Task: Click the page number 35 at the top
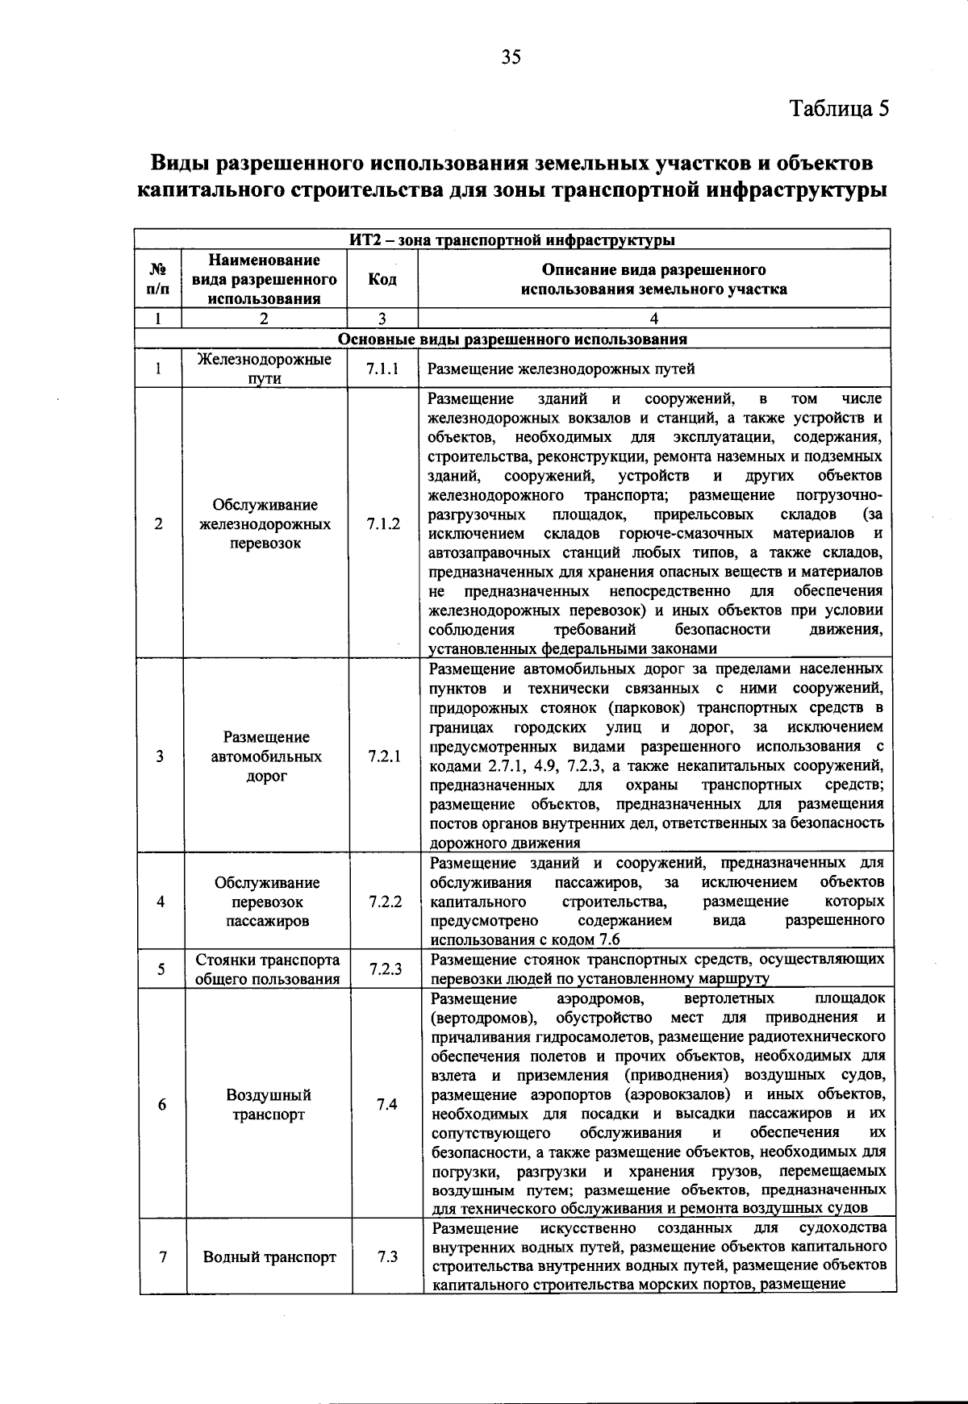tap(511, 56)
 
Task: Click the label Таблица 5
tap(838, 108)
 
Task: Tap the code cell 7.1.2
tap(382, 523)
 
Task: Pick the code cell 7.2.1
tap(384, 756)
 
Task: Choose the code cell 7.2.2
tap(385, 901)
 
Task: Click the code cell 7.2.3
tap(386, 969)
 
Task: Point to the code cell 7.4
tap(386, 1104)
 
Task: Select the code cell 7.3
tap(387, 1256)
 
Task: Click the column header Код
tap(382, 279)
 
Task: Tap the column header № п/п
tap(158, 279)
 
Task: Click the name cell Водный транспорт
tap(269, 1256)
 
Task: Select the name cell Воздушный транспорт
tap(268, 1105)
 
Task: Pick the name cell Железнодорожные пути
tap(264, 369)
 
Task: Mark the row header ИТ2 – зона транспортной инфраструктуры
tap(512, 240)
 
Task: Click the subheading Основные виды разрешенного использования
tap(512, 340)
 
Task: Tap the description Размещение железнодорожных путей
tap(561, 369)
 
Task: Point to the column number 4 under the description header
tap(653, 319)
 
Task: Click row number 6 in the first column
tap(162, 1104)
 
